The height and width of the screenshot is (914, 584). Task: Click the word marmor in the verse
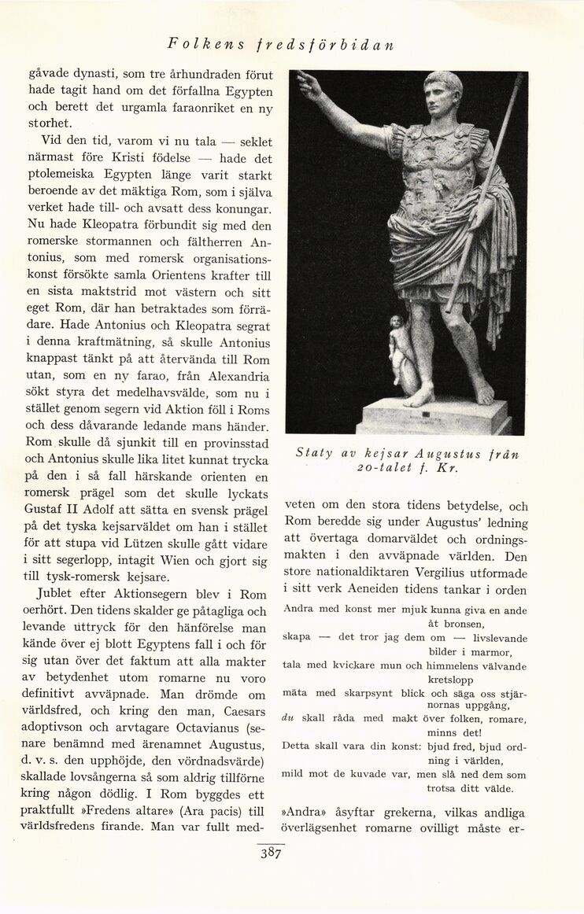(491, 653)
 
